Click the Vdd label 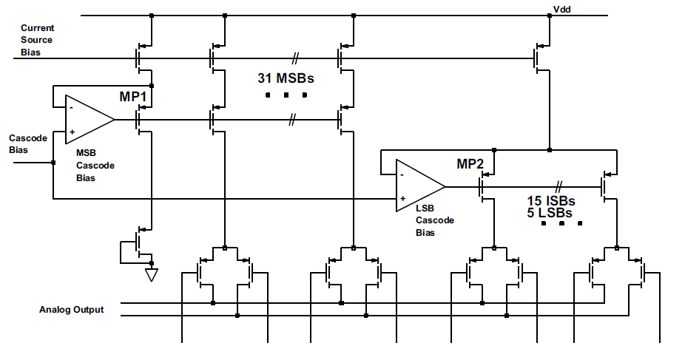pos(561,9)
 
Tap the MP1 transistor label pos(133,96)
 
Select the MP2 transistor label pos(470,163)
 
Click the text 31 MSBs pos(286,78)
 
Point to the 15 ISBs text pos(551,201)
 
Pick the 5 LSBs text pos(550,212)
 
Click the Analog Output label pos(72,310)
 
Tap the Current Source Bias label pos(37,40)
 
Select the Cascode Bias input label pos(28,144)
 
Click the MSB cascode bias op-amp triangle pos(90,120)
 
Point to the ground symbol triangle pos(152,274)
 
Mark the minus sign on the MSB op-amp pos(71,108)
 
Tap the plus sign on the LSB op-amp pos(402,199)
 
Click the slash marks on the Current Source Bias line pos(296,58)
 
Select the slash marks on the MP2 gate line pos(559,187)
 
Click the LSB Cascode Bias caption pos(435,220)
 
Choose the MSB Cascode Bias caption pos(95,166)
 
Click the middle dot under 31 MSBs pos(286,95)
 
